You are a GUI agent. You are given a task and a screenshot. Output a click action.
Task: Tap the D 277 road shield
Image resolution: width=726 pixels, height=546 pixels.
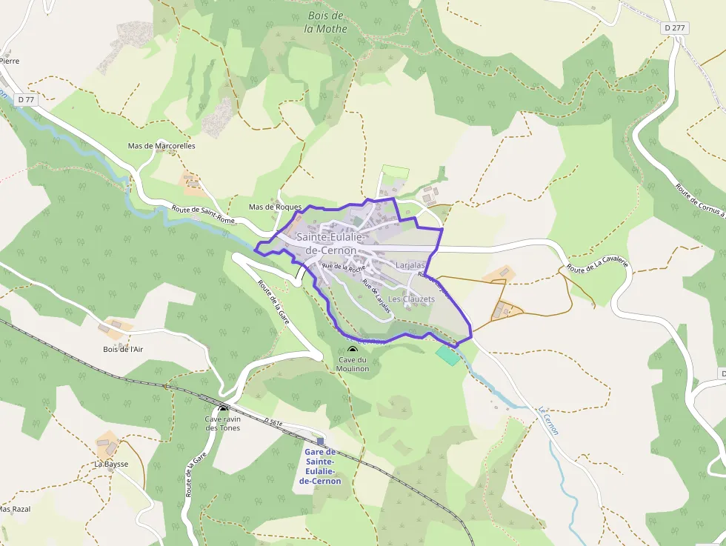tap(674, 27)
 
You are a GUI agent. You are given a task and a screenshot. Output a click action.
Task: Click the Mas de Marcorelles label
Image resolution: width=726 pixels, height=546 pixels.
tap(161, 146)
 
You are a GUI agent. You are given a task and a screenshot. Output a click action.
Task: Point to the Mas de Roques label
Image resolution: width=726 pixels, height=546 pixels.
tap(275, 207)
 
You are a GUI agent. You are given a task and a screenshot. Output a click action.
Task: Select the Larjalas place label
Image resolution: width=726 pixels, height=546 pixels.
tap(410, 264)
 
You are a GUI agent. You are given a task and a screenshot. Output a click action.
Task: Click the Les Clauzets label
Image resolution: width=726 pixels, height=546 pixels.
tap(412, 299)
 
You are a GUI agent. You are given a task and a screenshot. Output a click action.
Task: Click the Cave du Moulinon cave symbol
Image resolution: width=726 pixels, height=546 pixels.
tap(352, 350)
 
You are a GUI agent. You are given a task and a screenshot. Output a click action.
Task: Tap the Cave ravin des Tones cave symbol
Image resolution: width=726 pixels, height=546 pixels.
tap(223, 409)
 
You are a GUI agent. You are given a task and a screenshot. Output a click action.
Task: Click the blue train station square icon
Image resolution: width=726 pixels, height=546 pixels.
tap(320, 441)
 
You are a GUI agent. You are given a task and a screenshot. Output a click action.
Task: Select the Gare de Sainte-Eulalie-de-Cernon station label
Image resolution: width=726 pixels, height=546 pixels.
tap(320, 466)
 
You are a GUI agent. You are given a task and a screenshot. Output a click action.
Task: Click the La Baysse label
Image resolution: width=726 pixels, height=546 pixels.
tap(111, 464)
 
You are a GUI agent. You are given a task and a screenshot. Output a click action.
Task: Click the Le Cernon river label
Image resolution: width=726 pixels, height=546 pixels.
tap(548, 421)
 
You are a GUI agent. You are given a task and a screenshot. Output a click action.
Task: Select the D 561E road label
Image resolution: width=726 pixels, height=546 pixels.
tap(273, 422)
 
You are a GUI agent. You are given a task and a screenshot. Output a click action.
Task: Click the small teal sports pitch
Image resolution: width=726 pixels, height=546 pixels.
tap(447, 355)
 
